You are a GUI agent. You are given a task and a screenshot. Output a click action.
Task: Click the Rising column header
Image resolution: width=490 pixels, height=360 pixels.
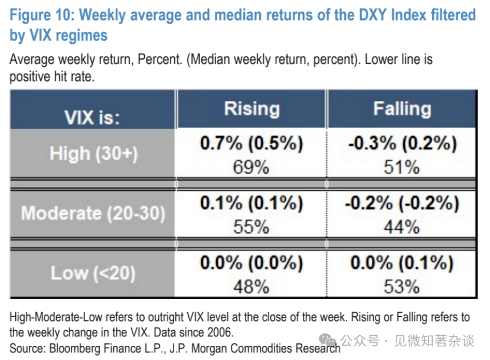[x=251, y=109]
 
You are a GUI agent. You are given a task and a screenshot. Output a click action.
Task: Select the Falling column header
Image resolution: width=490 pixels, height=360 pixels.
[x=402, y=109]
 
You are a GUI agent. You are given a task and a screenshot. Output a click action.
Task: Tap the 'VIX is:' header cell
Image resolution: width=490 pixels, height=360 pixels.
[x=92, y=116]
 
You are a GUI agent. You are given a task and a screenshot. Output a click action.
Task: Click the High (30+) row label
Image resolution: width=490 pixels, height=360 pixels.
[x=93, y=153]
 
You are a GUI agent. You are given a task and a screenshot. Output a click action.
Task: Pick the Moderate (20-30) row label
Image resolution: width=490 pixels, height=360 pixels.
[x=93, y=212]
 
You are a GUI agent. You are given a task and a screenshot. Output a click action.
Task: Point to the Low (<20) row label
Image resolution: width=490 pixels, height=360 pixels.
[x=93, y=273]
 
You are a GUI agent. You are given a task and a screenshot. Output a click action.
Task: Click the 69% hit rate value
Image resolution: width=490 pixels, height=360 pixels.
[x=251, y=167]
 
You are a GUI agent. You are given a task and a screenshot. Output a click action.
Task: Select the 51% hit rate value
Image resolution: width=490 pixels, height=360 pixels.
[x=401, y=167]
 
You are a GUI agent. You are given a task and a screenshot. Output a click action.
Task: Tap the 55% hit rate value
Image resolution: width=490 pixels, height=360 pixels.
[x=251, y=227]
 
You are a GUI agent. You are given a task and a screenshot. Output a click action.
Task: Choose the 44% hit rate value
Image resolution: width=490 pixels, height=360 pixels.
[x=401, y=227]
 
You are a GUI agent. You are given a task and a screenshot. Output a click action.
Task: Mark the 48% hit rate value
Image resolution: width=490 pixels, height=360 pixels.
[x=251, y=287]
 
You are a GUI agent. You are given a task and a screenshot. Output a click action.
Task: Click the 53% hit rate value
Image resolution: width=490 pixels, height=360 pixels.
[x=401, y=287]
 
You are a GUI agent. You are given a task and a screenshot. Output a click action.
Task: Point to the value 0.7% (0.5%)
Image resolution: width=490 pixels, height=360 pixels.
[x=251, y=144]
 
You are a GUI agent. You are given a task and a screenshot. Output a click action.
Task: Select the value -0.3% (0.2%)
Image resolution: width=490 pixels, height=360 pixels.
[x=401, y=144]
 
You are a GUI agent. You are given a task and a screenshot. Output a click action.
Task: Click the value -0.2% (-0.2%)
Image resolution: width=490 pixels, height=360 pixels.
[x=401, y=204]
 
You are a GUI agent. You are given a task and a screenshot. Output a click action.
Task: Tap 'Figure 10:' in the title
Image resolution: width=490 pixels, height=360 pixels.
[x=43, y=15]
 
